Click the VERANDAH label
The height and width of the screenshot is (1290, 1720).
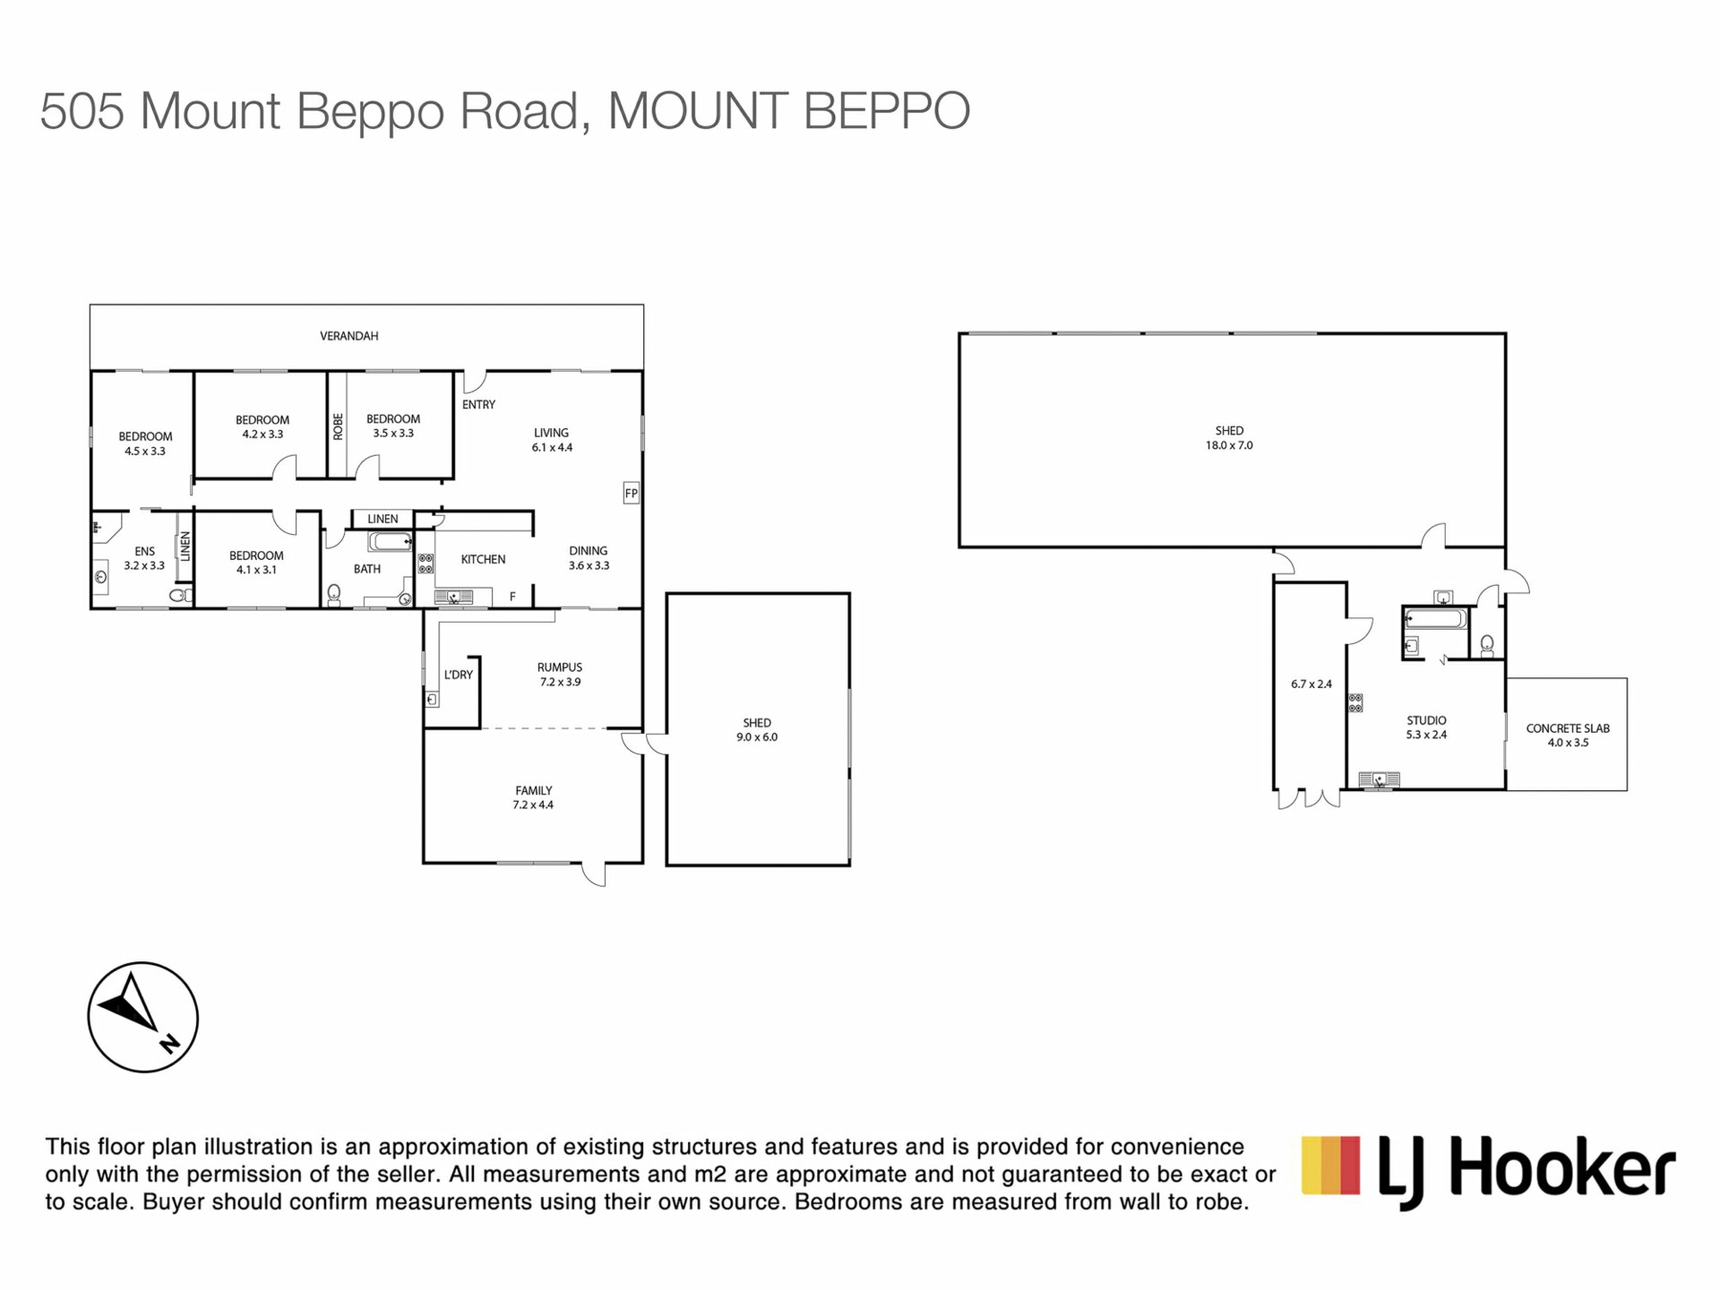pyautogui.click(x=349, y=336)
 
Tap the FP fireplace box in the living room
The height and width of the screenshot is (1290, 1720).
pyautogui.click(x=632, y=493)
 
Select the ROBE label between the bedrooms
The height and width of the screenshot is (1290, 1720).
pyautogui.click(x=338, y=426)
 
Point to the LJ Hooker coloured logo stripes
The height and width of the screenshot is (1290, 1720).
pyautogui.click(x=1331, y=1165)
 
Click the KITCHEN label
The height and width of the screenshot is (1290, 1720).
pyautogui.click(x=483, y=559)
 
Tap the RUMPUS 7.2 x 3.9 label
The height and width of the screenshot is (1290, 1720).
pyautogui.click(x=560, y=675)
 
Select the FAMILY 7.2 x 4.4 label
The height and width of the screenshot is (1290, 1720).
pyautogui.click(x=533, y=797)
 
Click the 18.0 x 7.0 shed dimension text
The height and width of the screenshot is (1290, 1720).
pyautogui.click(x=1229, y=445)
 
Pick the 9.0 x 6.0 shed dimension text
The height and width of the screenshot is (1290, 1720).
pyautogui.click(x=757, y=737)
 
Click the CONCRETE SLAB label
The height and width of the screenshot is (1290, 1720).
pyautogui.click(x=1568, y=728)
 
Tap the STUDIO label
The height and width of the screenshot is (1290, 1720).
pyautogui.click(x=1426, y=720)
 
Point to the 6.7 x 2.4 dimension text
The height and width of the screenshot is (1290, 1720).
pyautogui.click(x=1311, y=684)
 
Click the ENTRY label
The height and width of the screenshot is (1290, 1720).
pyautogui.click(x=478, y=405)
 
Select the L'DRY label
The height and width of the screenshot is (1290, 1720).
pyautogui.click(x=458, y=675)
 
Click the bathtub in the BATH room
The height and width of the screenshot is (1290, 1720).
pyautogui.click(x=390, y=541)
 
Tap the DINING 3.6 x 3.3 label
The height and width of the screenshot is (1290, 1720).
pyautogui.click(x=589, y=558)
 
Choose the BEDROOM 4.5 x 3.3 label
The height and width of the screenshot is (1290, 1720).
pyautogui.click(x=145, y=444)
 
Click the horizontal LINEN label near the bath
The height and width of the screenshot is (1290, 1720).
pyautogui.click(x=383, y=519)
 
